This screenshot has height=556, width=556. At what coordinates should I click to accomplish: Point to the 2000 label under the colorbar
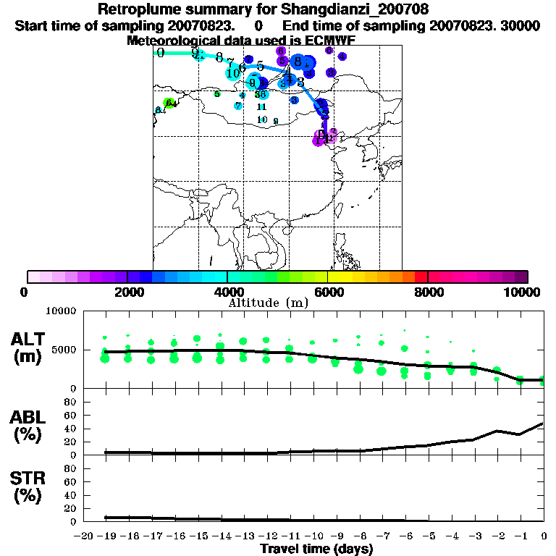pos(127,292)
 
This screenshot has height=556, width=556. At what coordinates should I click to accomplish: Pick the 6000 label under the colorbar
pos(327,292)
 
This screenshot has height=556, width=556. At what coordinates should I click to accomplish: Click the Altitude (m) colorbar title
pos(269,302)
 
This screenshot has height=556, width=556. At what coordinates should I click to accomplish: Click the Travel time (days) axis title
pos(316,549)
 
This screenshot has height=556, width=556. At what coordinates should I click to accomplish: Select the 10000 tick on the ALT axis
pos(61,311)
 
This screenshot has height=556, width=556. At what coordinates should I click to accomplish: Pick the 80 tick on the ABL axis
pos(71,402)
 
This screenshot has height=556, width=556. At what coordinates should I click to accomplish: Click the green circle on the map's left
pos(169,103)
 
